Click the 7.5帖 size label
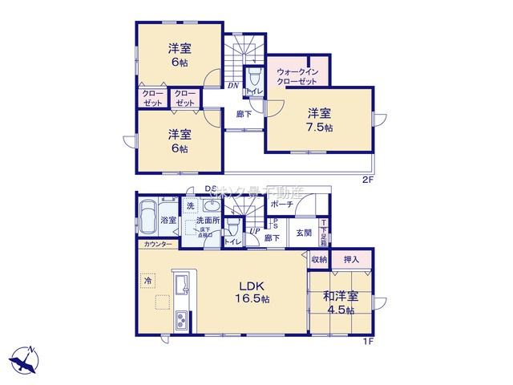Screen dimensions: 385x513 [x=318, y=128]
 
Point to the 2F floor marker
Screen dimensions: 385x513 [x=366, y=179]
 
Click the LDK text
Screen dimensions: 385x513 [x=250, y=286]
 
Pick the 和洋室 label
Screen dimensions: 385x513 [x=341, y=297]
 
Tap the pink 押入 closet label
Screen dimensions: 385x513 [x=351, y=259]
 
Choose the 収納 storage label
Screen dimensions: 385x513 [x=319, y=259]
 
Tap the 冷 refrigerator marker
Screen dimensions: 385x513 [x=148, y=281]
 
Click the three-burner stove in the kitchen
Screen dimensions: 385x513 [x=180, y=320]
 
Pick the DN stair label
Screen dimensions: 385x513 [x=232, y=85]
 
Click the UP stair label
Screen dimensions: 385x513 [x=253, y=232]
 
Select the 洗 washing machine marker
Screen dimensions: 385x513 [x=190, y=206]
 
